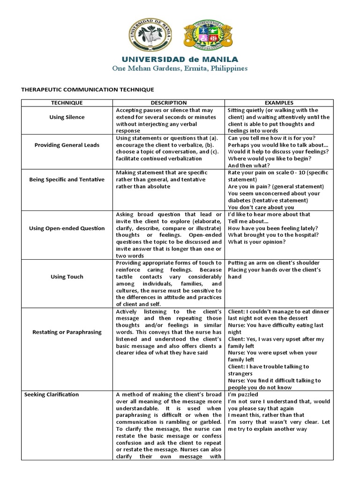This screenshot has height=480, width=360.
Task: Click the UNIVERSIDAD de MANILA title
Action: tap(180, 60)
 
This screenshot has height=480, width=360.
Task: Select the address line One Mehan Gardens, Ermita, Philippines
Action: tap(180, 68)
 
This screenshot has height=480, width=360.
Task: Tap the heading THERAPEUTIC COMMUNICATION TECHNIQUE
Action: tap(88, 89)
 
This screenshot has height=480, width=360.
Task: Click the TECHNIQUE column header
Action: tap(67, 103)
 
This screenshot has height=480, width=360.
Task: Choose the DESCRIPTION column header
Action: tap(169, 103)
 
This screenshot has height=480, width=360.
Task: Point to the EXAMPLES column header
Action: tap(279, 103)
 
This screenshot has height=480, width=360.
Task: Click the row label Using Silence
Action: tap(67, 117)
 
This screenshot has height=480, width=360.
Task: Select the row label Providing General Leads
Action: tap(67, 145)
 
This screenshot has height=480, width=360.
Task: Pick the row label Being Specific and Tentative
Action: tap(67, 180)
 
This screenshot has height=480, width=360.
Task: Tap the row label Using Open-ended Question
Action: tap(67, 228)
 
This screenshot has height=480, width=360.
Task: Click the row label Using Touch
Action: tap(67, 277)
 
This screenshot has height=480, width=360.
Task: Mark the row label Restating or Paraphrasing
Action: tap(67, 332)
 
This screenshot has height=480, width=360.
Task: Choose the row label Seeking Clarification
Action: tap(52, 395)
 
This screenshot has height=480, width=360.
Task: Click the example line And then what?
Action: tap(248, 165)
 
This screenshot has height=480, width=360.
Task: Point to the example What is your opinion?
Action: tap(257, 242)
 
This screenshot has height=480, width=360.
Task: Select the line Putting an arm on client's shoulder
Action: tap(274, 262)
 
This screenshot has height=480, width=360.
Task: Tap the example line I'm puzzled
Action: tap(243, 395)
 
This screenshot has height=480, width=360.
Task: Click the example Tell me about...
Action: tap(248, 221)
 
